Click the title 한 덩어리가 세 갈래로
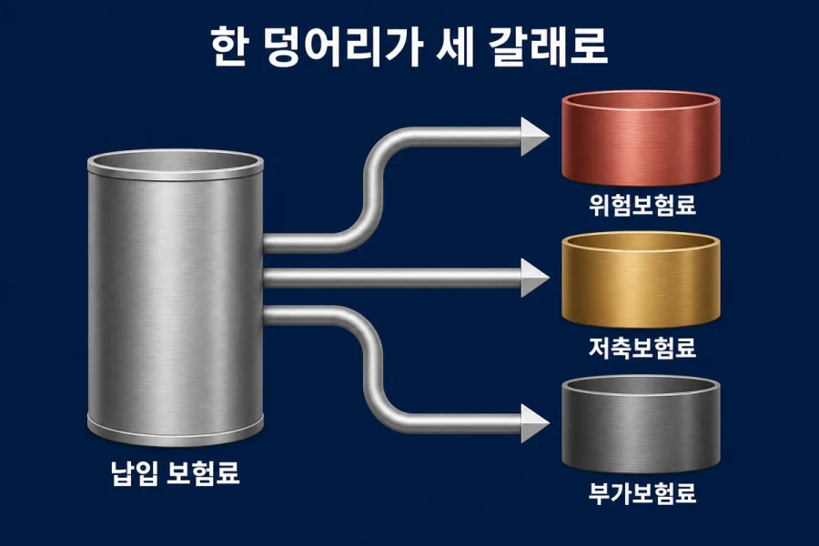pos(409,46)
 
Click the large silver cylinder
pos(175,298)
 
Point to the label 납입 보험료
pos(176,472)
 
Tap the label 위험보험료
pos(642,205)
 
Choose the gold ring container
pos(641,280)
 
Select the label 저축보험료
pos(642,348)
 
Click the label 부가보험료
pos(642,492)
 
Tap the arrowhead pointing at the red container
pos(535,136)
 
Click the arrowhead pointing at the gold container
pos(535,278)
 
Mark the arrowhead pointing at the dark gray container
pos(535,423)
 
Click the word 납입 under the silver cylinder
pos(134,472)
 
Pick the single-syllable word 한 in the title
pos(229,46)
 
